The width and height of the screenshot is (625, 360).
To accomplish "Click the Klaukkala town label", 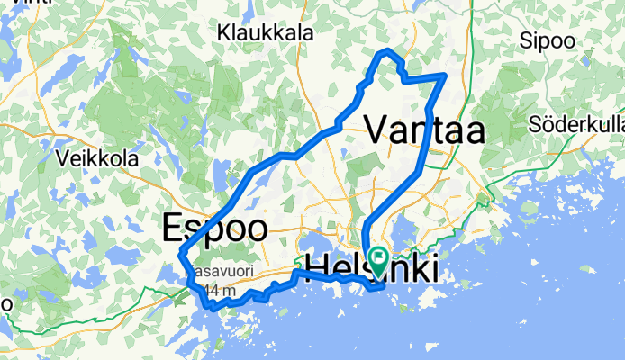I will click(x=265, y=32).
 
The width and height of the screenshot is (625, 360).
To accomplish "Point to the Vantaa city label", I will click(x=424, y=130).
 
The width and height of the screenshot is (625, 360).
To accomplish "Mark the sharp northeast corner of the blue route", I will click(x=446, y=75).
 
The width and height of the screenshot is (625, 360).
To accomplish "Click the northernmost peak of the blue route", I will click(x=387, y=50).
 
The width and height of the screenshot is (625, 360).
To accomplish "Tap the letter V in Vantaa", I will click(x=376, y=130).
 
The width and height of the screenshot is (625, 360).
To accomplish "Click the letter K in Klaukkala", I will click(x=224, y=32).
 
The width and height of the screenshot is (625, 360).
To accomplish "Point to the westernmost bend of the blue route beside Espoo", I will click(x=181, y=251).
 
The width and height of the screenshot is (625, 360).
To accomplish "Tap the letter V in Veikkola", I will click(x=62, y=158).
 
